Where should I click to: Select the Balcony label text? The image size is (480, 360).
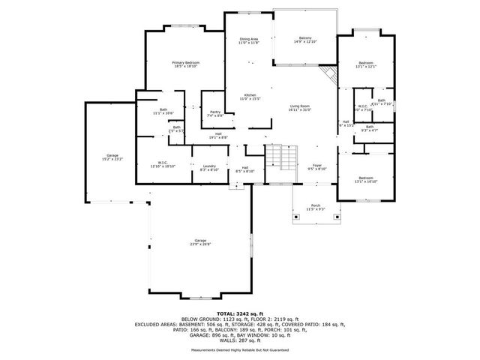click(305, 40)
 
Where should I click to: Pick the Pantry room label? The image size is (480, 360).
click(214, 114)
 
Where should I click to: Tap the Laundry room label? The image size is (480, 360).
click(209, 168)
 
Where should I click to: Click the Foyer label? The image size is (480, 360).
click(317, 166)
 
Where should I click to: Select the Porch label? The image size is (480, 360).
click(316, 206)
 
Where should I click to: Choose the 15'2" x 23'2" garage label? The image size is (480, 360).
click(112, 157)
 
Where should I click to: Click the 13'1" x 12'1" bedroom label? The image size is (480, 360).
click(365, 64)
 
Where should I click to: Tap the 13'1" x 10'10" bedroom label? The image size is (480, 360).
click(365, 179)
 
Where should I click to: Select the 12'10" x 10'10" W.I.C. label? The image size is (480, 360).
click(162, 163)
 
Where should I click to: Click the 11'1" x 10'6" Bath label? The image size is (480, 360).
click(163, 111)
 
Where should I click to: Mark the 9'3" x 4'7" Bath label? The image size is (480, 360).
click(369, 129)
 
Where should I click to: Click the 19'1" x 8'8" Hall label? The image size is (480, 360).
click(218, 136)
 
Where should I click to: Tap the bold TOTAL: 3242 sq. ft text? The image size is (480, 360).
click(239, 313)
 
